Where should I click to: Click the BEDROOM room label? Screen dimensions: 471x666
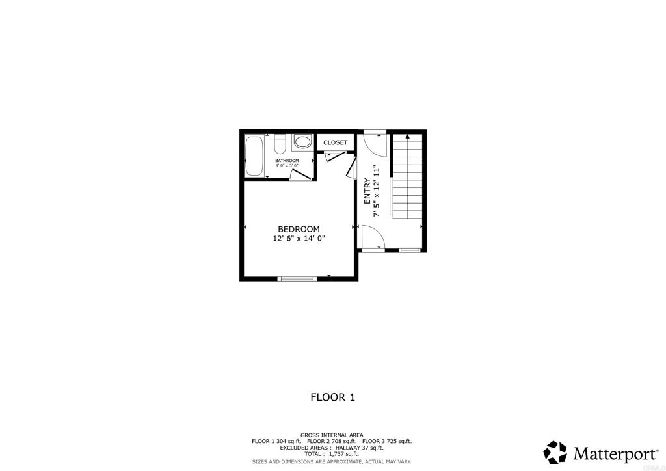tap(299, 229)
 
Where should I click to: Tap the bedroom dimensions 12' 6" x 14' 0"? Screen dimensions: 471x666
tap(299, 239)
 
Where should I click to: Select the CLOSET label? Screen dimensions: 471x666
tap(335, 142)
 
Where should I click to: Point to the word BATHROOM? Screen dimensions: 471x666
tap(287, 160)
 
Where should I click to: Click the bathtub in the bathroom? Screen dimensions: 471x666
tap(254, 155)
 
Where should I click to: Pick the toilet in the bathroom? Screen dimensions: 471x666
tap(280, 142)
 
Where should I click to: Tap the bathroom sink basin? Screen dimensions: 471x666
tap(302, 141)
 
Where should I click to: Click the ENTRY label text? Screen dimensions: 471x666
tap(367, 192)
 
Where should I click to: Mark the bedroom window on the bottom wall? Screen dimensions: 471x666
tap(297, 278)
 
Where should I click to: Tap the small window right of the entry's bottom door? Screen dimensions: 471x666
tap(409, 249)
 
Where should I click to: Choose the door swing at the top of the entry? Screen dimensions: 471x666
tap(375, 142)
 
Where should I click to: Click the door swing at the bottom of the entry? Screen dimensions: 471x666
tap(373, 237)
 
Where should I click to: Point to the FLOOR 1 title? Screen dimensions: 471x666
tap(332, 397)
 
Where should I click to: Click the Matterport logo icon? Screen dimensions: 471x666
tap(555, 452)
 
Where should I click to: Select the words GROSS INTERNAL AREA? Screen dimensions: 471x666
tap(332, 435)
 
